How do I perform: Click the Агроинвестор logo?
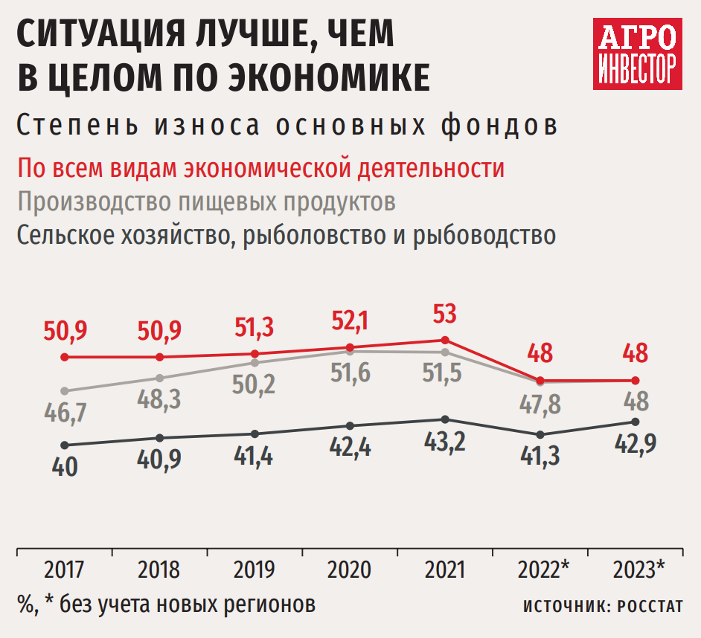point(638,53)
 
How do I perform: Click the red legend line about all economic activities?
point(261,167)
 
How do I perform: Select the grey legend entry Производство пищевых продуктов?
point(206,202)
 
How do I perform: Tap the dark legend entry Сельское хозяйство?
point(287,235)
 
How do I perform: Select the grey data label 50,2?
point(255,384)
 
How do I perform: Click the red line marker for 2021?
point(445,341)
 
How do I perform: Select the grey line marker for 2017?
point(65,391)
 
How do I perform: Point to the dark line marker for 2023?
point(635,422)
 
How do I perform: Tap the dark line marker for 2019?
point(255,434)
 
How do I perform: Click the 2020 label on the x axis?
point(350,570)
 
